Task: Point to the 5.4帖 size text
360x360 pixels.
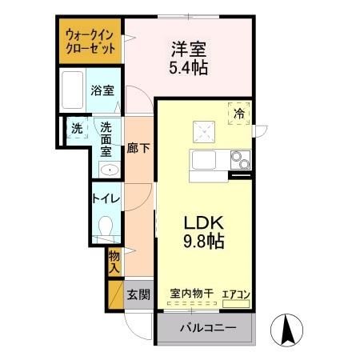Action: pyautogui.click(x=188, y=68)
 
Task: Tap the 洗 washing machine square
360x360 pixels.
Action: pyautogui.click(x=77, y=128)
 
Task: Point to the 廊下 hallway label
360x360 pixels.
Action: pyautogui.click(x=137, y=149)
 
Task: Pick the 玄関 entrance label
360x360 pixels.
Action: pyautogui.click(x=138, y=294)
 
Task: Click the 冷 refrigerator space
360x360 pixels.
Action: pyautogui.click(x=240, y=114)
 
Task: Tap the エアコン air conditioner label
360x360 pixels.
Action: pyautogui.click(x=236, y=294)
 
